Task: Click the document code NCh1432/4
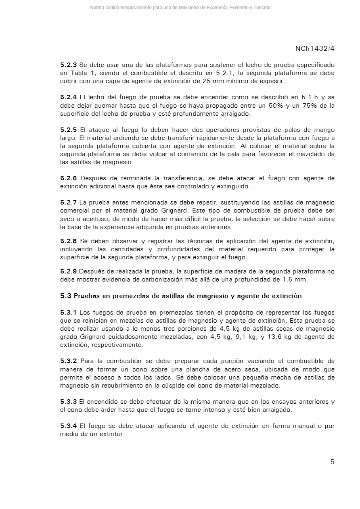315,48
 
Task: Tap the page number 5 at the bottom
332,462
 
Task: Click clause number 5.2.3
68,65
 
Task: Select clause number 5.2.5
68,129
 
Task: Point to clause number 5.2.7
68,202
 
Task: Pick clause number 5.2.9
68,271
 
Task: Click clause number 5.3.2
68,361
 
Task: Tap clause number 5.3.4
68,426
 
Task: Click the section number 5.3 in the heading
66,296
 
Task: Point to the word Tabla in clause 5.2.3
79,73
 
